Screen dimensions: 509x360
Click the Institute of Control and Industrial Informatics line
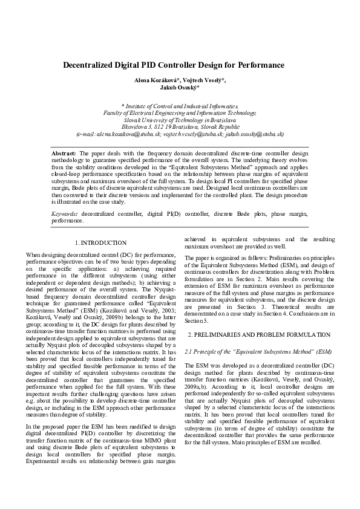coord(180,105)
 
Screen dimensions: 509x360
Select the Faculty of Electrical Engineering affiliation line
coord(180,112)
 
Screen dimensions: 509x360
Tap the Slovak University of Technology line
coord(180,120)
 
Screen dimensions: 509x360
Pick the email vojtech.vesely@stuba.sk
coord(188,134)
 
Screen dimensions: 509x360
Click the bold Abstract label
coord(64,154)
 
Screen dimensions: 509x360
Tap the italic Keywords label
coord(65,213)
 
